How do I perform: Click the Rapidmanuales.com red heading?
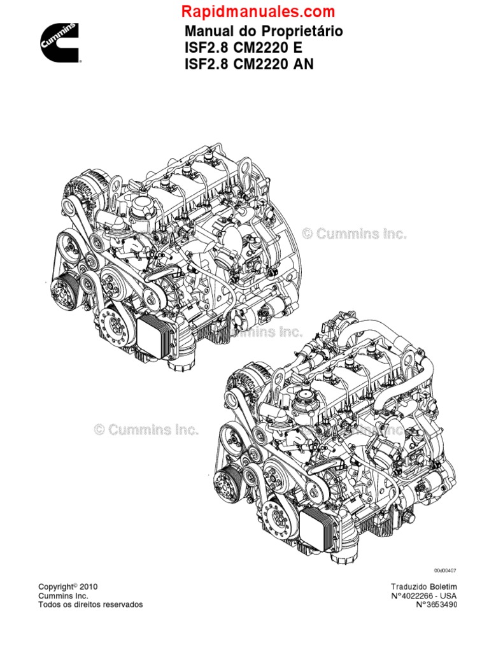[258, 11]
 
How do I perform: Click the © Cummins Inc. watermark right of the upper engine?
[354, 234]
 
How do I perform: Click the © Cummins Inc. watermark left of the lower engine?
[147, 430]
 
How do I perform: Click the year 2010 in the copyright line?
[89, 586]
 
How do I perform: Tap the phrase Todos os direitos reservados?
[90, 604]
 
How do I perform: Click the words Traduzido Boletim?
[423, 586]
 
